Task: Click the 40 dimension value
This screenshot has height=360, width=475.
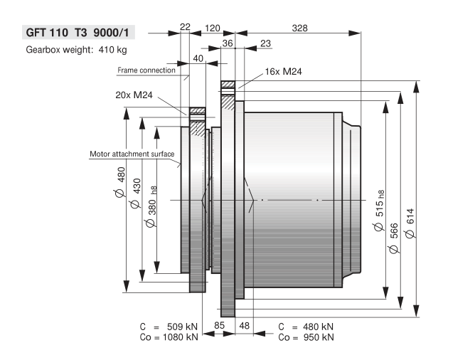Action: (198, 58)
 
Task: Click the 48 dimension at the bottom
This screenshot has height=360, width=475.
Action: (244, 326)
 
